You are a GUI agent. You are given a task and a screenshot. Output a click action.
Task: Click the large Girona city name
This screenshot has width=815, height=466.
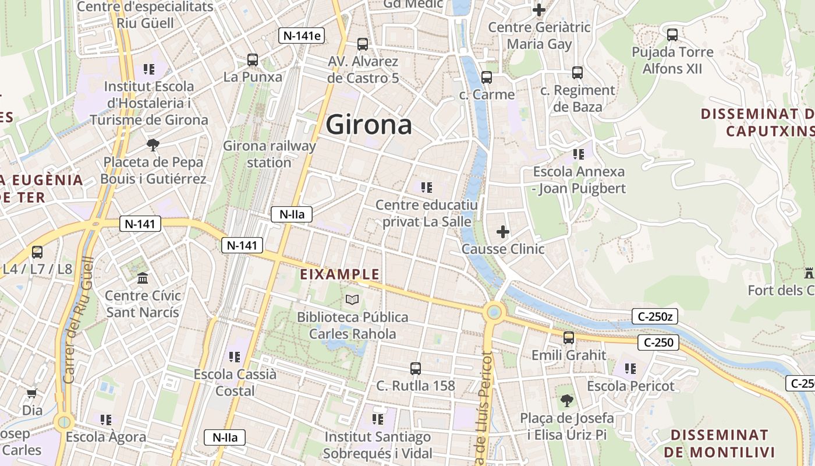click(369, 125)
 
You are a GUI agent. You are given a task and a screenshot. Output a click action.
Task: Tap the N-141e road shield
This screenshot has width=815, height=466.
click(301, 36)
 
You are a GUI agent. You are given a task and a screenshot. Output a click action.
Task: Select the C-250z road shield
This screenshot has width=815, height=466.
click(655, 317)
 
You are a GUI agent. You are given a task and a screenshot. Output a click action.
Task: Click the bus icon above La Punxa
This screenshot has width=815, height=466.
click(253, 59)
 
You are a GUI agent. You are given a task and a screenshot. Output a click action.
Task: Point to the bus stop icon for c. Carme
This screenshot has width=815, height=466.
click(487, 77)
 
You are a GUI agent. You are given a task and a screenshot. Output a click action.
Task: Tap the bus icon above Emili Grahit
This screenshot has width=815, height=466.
click(569, 338)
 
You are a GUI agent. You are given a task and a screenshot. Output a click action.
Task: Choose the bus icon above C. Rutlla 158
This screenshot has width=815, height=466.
click(416, 368)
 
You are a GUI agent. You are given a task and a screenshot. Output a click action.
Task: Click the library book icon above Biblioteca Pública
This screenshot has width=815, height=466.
click(352, 299)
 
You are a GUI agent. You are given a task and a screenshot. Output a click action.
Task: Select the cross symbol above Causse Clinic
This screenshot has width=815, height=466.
click(503, 232)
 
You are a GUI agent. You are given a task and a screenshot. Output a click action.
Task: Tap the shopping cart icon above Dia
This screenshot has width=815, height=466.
click(33, 393)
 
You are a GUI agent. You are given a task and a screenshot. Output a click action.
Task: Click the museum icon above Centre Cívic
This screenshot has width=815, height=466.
click(143, 278)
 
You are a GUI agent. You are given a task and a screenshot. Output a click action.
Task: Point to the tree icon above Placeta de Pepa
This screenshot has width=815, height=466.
click(153, 144)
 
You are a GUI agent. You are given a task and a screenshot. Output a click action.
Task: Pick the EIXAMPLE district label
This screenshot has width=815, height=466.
click(339, 274)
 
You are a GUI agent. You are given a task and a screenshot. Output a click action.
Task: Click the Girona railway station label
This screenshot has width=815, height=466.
click(269, 154)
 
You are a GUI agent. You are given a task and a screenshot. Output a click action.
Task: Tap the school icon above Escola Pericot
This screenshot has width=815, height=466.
click(630, 368)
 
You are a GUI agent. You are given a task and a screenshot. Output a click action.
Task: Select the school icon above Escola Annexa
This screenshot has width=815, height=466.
click(579, 154)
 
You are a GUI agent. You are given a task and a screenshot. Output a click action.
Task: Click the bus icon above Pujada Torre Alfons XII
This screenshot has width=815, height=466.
click(672, 35)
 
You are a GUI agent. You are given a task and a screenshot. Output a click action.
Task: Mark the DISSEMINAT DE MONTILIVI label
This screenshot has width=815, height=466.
click(719, 443)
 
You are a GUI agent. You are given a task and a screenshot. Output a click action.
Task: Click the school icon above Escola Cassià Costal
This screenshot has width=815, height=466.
click(235, 356)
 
